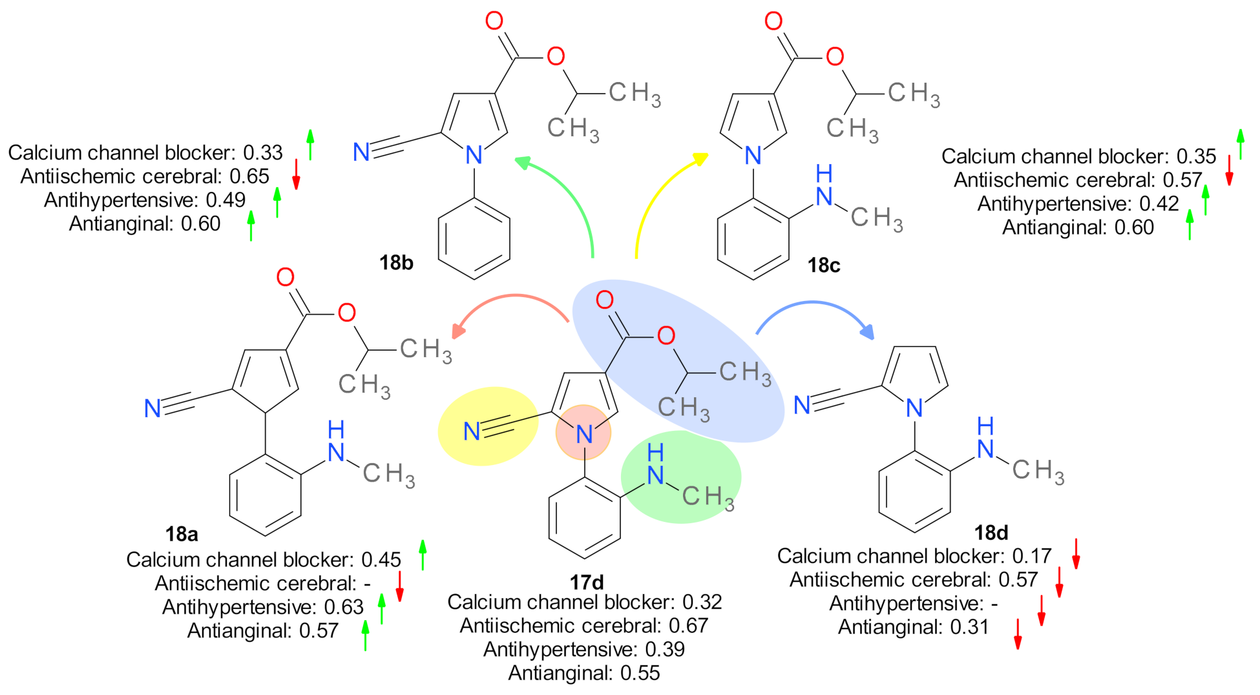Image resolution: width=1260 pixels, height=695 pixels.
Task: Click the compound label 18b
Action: [396, 263]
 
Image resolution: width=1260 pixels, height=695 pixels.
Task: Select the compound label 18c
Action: [823, 265]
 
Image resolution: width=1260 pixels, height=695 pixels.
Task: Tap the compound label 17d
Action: [586, 583]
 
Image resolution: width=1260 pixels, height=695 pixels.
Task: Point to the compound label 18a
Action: [182, 534]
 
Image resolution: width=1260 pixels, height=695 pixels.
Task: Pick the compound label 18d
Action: [991, 533]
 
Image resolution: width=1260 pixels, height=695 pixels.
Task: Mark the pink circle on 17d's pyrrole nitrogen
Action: [583, 433]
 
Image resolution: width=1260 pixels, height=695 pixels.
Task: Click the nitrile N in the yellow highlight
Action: [472, 431]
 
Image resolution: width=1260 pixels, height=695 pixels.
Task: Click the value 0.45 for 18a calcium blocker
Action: [381, 560]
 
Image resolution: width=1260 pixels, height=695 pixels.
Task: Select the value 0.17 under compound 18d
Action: [1032, 556]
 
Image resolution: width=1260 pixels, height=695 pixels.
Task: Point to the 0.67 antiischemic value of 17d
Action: [688, 626]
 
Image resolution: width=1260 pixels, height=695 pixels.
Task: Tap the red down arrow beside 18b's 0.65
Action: [296, 174]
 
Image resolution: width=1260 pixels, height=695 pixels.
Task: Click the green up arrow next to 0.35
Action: [1240, 144]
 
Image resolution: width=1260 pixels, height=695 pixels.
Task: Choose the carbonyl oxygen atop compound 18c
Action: [773, 21]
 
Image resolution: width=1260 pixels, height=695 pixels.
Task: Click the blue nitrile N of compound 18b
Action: [361, 152]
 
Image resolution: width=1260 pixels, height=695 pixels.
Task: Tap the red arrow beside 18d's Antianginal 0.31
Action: [1018, 634]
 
